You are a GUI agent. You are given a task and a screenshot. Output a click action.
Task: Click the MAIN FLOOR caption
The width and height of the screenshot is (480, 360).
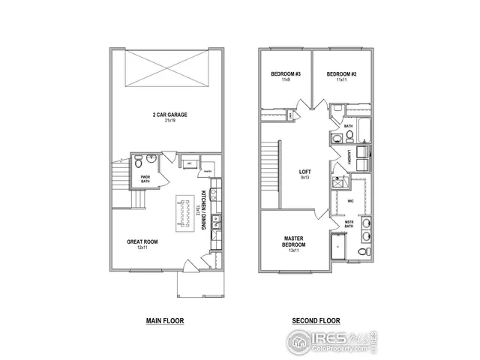click(x=164, y=320)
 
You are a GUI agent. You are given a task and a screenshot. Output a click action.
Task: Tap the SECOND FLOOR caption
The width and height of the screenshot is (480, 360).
click(x=316, y=320)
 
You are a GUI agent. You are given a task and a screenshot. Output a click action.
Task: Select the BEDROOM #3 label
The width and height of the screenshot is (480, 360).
click(x=285, y=73)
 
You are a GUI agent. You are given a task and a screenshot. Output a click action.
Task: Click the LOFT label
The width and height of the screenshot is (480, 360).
click(x=305, y=172)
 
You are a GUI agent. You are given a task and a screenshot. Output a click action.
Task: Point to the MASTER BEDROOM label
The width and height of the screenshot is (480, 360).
click(x=293, y=241)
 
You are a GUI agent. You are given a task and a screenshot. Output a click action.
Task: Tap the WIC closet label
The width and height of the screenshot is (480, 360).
click(x=350, y=201)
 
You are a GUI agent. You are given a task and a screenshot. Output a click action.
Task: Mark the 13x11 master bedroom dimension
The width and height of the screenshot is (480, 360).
click(x=293, y=250)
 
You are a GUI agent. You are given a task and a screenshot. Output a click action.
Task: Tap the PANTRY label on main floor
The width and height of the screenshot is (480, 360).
click(x=208, y=169)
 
